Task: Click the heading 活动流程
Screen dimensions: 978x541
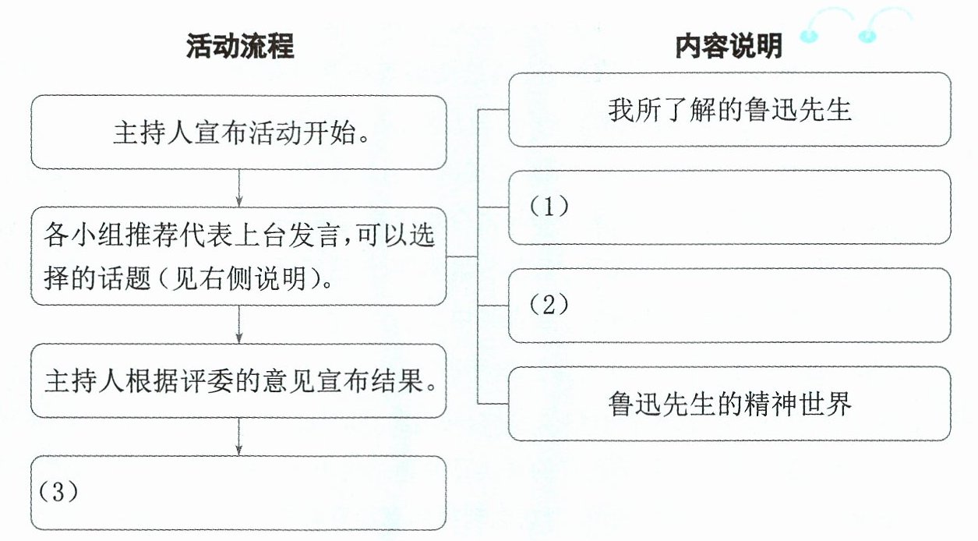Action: [240, 46]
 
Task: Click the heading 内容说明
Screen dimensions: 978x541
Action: [729, 46]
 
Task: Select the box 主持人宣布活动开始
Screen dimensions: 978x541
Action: [238, 133]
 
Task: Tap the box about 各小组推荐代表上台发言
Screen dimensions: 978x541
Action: [238, 256]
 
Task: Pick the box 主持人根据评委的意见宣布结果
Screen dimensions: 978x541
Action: [238, 380]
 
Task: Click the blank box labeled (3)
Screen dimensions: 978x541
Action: [238, 493]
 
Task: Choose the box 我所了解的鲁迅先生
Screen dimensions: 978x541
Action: [729, 109]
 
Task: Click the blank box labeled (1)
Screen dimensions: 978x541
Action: [729, 207]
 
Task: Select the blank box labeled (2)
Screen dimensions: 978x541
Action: [729, 306]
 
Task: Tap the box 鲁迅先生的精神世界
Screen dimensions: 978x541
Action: [729, 404]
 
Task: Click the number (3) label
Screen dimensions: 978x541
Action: [58, 492]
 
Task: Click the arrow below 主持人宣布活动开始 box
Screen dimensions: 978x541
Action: [238, 188]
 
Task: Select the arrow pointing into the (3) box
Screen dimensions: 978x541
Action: [238, 437]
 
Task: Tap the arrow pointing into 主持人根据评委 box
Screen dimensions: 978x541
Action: [238, 325]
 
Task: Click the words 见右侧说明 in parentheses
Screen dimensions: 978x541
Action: [238, 278]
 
